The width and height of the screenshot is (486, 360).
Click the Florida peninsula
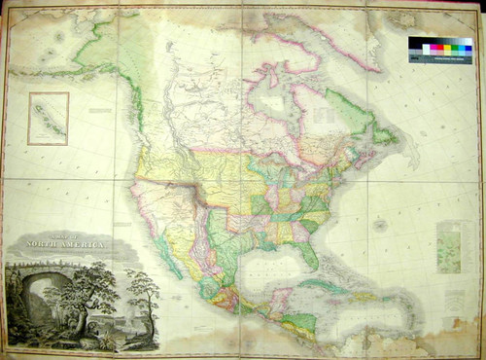310,254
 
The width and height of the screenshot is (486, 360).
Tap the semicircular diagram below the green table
449,282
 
